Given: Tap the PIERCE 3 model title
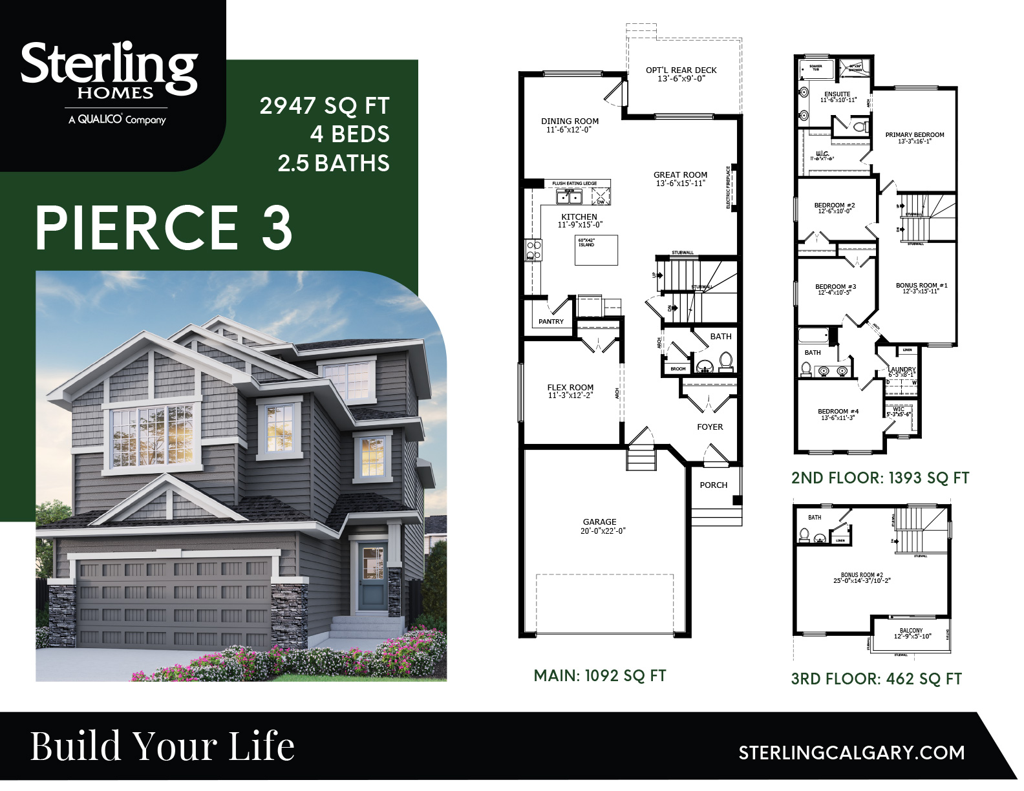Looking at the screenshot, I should [x=164, y=227].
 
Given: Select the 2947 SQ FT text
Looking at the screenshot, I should [x=325, y=106].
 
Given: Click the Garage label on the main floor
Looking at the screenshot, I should [x=599, y=526].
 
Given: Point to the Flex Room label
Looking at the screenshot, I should [x=570, y=391].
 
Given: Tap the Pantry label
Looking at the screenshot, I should [x=551, y=321].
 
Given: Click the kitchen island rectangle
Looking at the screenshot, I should [x=596, y=250].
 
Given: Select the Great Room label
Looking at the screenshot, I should [x=680, y=178].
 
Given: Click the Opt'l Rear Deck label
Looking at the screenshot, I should [x=681, y=74].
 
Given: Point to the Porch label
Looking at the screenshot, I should [x=713, y=485].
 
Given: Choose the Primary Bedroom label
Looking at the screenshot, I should [x=914, y=138].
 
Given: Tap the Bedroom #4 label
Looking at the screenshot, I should [x=838, y=414].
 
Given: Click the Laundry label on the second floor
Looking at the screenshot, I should [x=901, y=372].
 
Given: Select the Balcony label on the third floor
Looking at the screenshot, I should [x=911, y=633].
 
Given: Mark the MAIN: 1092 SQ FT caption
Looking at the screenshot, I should [x=599, y=676].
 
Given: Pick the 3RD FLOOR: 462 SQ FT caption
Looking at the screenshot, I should [x=876, y=679].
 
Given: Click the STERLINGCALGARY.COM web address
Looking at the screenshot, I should [x=851, y=753].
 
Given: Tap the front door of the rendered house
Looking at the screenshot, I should [x=370, y=577].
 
